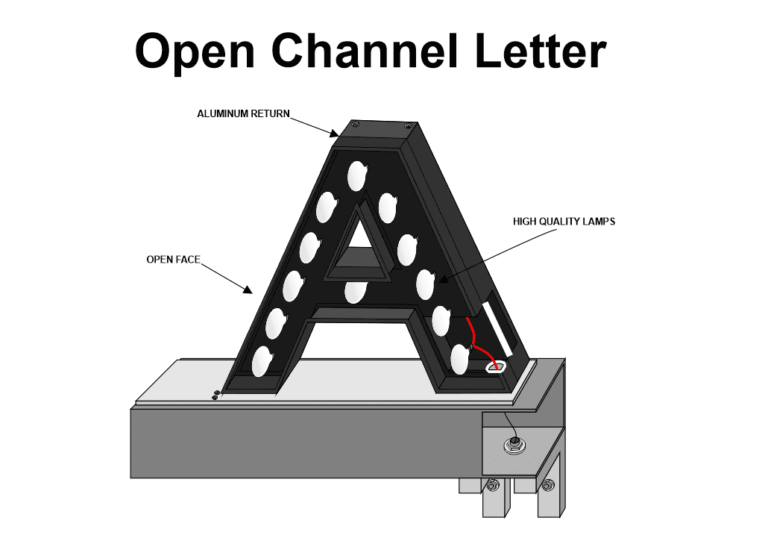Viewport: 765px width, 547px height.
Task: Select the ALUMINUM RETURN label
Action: (x=243, y=114)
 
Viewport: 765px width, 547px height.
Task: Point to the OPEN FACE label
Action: (x=173, y=260)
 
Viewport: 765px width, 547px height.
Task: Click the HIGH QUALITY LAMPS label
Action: (x=564, y=222)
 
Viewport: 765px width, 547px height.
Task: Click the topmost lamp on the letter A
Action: (x=356, y=176)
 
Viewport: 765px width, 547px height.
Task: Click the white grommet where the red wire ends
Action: (x=496, y=366)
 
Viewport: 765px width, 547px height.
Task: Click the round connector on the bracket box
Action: (x=512, y=446)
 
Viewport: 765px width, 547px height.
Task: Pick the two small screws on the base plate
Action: (x=215, y=395)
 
